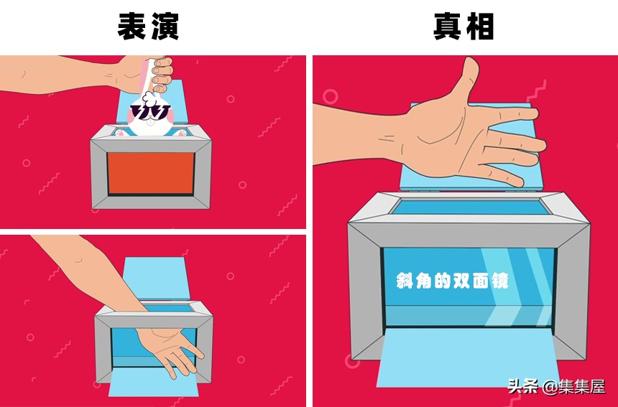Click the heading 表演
(148, 27)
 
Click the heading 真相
(463, 27)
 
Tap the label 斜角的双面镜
(452, 281)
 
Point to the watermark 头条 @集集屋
(556, 386)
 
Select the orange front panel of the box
(151, 172)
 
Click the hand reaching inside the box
(170, 347)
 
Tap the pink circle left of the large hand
(331, 96)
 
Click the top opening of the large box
(467, 207)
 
